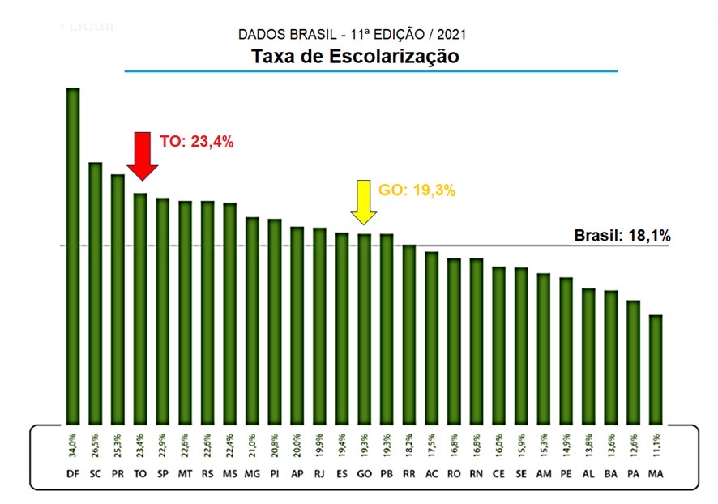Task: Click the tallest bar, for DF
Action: click(x=73, y=255)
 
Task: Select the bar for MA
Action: click(x=656, y=369)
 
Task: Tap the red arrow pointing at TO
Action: click(x=143, y=155)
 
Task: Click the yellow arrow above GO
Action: click(x=364, y=201)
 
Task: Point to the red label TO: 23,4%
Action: click(x=196, y=142)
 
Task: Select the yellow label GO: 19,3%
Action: click(x=417, y=191)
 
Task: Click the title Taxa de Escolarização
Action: click(x=355, y=57)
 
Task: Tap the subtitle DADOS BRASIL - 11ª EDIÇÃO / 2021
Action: click(x=353, y=35)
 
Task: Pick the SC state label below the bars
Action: click(x=95, y=474)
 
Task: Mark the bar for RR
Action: click(x=409, y=334)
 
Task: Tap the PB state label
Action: click(x=387, y=474)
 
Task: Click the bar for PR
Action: click(x=118, y=299)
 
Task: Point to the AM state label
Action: click(x=543, y=474)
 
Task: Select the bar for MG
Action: click(x=252, y=320)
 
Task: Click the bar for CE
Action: click(x=498, y=344)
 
